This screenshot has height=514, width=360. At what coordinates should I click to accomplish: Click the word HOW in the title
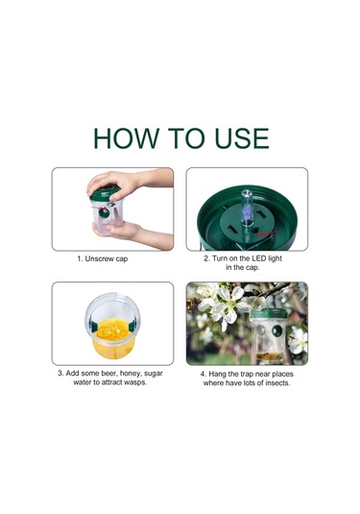(126, 138)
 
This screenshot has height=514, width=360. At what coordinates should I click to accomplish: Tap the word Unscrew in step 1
(99, 259)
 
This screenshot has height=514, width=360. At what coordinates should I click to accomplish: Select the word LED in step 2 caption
(259, 258)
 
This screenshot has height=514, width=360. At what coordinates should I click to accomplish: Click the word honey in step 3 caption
(130, 374)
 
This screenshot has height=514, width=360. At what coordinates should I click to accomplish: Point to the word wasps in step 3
(136, 382)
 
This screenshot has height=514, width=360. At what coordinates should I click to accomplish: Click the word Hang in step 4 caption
(217, 375)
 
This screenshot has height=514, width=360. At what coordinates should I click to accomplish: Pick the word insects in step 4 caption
(277, 383)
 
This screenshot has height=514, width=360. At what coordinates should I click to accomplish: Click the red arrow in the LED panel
(267, 233)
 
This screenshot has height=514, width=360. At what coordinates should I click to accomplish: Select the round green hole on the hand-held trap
(105, 212)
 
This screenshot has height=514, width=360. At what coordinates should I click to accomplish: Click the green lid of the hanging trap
(269, 314)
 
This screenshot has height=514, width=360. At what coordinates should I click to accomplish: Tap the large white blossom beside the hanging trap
(226, 305)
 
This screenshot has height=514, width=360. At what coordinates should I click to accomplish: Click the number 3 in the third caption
(60, 374)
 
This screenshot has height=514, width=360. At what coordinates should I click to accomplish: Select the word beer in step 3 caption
(108, 374)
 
